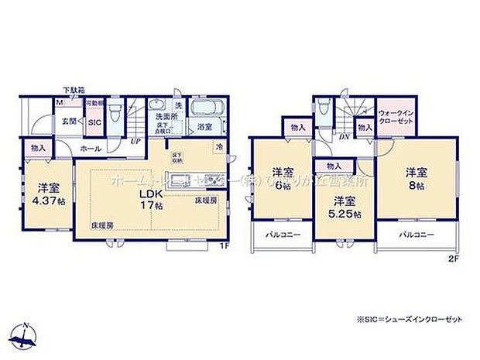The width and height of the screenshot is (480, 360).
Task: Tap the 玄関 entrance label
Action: [69, 121]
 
